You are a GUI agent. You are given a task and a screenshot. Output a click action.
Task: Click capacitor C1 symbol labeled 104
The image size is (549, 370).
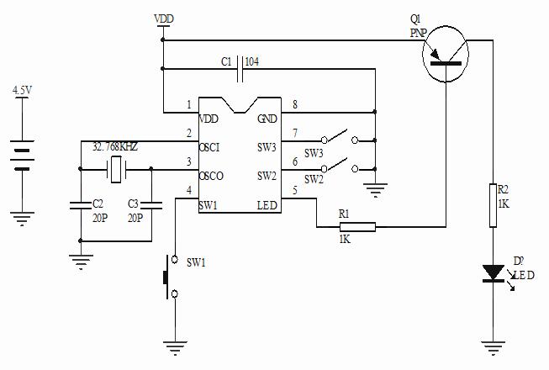[241, 64]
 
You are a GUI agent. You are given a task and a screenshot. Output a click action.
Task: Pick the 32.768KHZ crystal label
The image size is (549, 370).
[115, 146]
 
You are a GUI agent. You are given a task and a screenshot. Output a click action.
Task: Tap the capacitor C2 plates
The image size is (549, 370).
[80, 204]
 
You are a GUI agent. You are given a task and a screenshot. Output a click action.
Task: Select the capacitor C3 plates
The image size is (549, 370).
[150, 204]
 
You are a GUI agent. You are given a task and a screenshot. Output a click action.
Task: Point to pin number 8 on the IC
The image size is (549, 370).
[293, 105]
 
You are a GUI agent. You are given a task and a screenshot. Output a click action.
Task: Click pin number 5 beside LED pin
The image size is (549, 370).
[293, 191]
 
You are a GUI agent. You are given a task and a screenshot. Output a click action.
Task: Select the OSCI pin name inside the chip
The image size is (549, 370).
[210, 148]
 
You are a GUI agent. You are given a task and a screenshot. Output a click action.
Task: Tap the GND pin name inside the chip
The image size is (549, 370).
[267, 119]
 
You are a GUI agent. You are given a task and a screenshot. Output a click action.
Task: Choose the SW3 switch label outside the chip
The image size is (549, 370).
[314, 153]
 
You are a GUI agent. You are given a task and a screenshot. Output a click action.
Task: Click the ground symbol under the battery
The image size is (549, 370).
[23, 219]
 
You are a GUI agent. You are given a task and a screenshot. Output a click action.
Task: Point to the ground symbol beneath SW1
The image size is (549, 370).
[174, 346]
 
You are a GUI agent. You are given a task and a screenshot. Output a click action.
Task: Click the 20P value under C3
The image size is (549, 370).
[135, 217]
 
